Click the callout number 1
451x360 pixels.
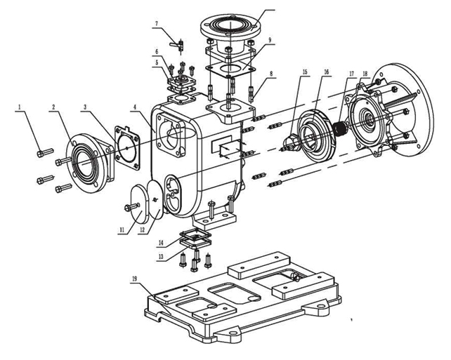[20, 107]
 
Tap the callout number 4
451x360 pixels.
[135, 107]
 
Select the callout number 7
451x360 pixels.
[157, 24]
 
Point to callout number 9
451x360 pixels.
[270, 39]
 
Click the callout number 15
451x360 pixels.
[305, 72]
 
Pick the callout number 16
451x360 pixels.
[326, 72]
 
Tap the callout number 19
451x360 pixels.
[135, 278]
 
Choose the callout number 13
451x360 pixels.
[161, 257]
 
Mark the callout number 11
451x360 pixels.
[122, 230]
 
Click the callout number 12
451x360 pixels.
[142, 230]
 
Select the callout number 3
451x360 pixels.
[85, 107]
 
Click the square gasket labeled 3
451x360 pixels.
[127, 147]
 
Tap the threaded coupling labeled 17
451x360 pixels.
[341, 129]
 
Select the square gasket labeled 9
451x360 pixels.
[230, 69]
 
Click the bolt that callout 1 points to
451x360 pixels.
[45, 152]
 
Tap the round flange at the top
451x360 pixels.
[230, 27]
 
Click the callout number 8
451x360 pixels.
[271, 74]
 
